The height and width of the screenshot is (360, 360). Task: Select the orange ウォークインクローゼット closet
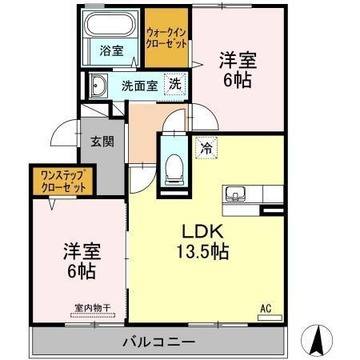tap(166, 38)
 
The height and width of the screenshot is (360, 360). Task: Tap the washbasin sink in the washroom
tap(99, 86)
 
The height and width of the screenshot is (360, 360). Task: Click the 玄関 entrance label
tap(102, 142)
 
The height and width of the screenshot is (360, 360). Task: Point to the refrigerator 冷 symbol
tap(206, 148)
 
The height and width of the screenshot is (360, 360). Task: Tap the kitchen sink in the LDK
tap(237, 194)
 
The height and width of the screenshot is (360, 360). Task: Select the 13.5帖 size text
tap(203, 251)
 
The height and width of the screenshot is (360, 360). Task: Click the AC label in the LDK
tap(266, 307)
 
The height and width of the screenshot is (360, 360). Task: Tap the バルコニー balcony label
tap(158, 342)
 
